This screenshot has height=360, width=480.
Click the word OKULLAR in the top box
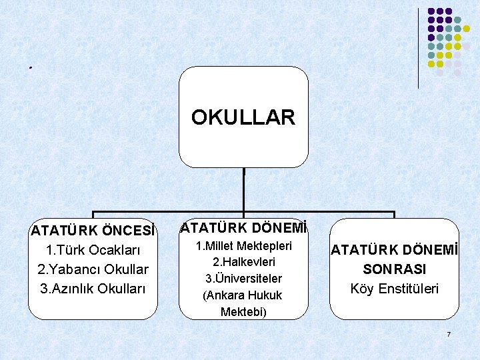point(243,118)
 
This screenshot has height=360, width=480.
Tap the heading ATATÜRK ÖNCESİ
point(93,231)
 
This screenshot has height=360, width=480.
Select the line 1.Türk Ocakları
point(93,251)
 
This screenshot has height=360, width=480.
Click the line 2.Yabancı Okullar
point(93,269)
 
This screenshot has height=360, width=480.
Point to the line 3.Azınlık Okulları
point(93,289)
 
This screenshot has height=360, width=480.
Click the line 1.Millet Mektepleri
point(244,246)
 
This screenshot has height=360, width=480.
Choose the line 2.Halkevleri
point(244,262)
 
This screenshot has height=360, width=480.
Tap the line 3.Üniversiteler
point(244,279)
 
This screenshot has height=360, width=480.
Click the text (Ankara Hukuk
point(244,295)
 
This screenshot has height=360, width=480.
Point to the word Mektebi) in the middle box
point(244,311)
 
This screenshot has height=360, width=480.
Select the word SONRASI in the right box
point(395,269)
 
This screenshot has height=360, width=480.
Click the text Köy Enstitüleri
point(395,289)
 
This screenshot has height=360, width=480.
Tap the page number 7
point(449,333)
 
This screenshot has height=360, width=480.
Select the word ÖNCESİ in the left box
point(129,231)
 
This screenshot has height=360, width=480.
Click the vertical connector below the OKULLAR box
point(244,190)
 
